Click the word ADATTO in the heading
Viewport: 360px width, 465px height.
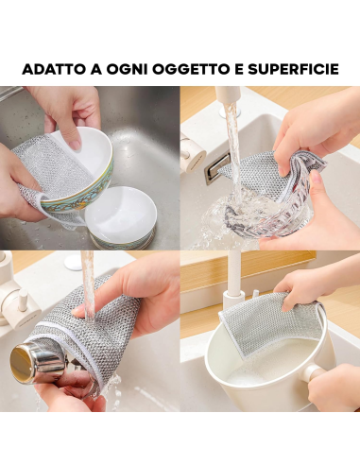[54, 69]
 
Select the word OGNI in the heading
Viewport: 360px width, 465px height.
[127, 69]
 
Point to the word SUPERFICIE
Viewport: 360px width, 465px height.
[293, 69]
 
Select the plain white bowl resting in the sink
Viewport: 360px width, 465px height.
[121, 217]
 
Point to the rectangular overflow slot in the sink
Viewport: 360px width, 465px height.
[217, 168]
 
